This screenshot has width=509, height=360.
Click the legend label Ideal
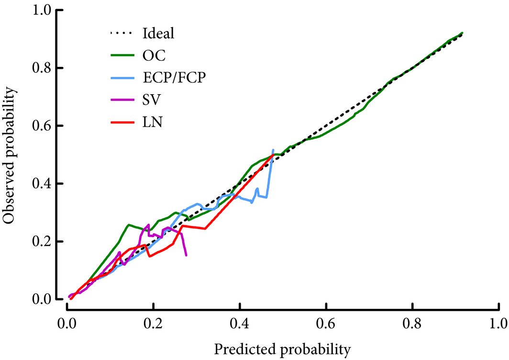click(x=158, y=34)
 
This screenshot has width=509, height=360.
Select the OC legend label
click(x=154, y=56)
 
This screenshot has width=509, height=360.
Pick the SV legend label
click(x=153, y=100)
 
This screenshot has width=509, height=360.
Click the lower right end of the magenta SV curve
click(x=186, y=255)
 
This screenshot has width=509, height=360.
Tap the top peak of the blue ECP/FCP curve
click(x=273, y=150)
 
